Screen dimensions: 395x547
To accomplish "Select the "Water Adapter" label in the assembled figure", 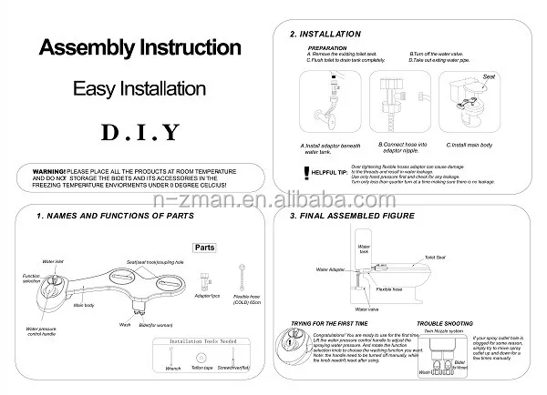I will click(329, 269).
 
